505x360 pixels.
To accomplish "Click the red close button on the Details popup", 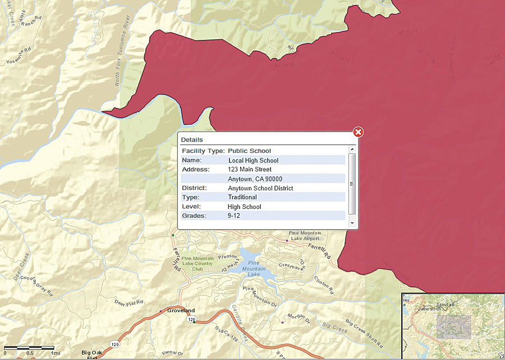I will coord(358,132).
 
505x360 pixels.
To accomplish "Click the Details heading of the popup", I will coord(192,139).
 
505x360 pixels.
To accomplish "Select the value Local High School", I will coord(253,161).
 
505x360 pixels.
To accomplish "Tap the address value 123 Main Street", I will coord(250,169).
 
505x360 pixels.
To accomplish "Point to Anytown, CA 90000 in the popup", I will coord(255,179).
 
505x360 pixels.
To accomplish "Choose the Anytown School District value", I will coord(260,188).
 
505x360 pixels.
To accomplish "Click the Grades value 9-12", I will coord(234,216).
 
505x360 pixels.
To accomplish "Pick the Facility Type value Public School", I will coord(249,151).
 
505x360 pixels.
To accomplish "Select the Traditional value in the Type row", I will coord(242,197).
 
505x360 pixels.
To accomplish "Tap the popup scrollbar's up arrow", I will coord(352,149).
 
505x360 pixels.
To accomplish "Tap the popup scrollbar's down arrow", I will coord(352,223).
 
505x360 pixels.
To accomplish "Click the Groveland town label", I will coord(181,311).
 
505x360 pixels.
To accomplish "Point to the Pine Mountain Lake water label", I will coord(253,268).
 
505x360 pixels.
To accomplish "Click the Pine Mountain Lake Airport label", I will coord(305,235).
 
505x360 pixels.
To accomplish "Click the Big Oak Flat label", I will coord(93,354).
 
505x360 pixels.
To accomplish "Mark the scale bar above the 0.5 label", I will coord(29,348).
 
